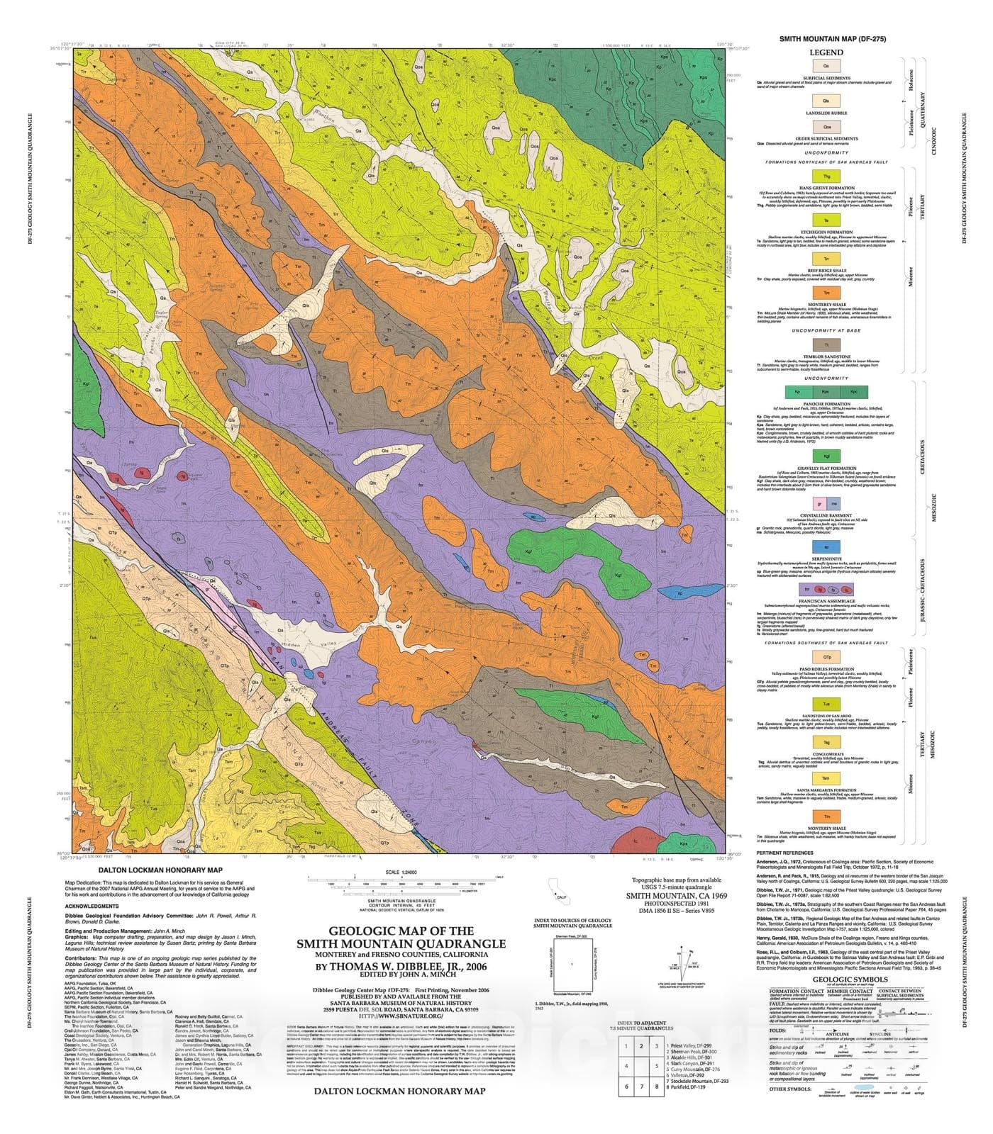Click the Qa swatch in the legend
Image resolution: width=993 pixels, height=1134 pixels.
826,65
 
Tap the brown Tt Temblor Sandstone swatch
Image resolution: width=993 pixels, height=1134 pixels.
826,344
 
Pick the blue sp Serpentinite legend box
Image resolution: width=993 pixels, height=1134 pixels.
826,546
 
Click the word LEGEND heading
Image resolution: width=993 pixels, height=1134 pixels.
826,52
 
